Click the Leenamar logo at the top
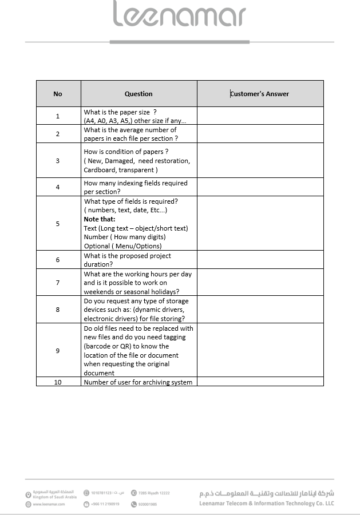pos(179,15)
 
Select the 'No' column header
pos(58,94)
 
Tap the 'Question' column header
pos(139,94)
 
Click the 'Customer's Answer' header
pos(260,94)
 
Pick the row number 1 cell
pos(58,116)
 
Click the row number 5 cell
pos(58,224)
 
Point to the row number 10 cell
pos(58,382)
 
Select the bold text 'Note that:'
pos(100,219)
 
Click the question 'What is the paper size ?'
pos(120,112)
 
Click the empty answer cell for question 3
pos(260,161)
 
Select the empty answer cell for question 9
pos(260,350)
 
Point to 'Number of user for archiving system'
pos(138,382)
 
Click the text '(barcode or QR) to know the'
pos(126,346)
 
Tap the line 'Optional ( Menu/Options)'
pos(122,246)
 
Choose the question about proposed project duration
pos(127,260)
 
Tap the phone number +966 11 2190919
pos(105,504)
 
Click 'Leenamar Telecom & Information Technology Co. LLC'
pos(266,504)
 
